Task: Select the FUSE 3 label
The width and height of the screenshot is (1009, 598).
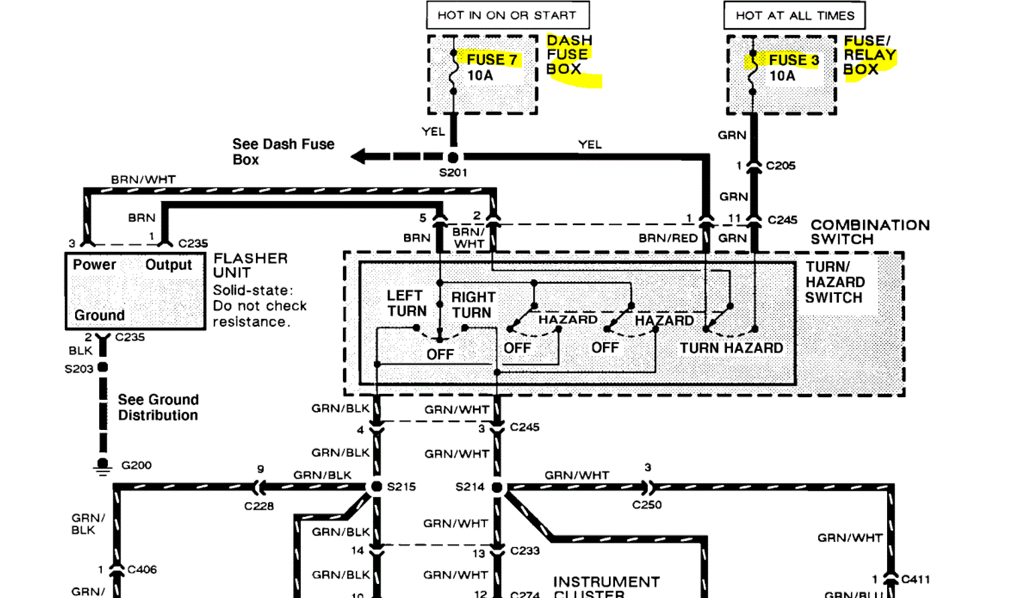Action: pos(793,60)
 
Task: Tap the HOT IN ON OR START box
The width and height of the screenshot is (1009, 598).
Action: pos(507,15)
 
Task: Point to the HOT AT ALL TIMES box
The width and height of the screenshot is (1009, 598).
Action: pos(795,15)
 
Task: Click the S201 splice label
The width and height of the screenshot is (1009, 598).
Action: pos(453,173)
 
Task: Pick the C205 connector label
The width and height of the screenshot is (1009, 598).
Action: pos(781,165)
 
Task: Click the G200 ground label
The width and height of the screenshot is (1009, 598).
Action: pos(136,465)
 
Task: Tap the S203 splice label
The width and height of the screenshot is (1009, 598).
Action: pos(78,369)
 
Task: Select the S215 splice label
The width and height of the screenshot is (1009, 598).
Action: pos(401,487)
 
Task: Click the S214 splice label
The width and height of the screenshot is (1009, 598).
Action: pos(470,487)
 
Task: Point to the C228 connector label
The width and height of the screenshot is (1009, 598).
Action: pos(259,506)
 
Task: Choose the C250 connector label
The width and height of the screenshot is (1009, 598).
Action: pos(647,505)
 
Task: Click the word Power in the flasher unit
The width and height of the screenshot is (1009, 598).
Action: pos(94,265)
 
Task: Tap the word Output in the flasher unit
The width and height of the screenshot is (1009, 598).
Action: pos(168,265)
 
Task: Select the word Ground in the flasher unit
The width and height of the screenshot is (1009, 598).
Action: pos(99,315)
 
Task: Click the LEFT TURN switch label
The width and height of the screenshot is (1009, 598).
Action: pos(406,303)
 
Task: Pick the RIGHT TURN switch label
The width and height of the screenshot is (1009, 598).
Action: pos(472,305)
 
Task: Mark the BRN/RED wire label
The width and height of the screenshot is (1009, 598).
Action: pos(668,238)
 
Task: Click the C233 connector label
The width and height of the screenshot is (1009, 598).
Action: pos(525,551)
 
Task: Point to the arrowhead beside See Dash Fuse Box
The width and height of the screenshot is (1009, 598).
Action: pos(359,157)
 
